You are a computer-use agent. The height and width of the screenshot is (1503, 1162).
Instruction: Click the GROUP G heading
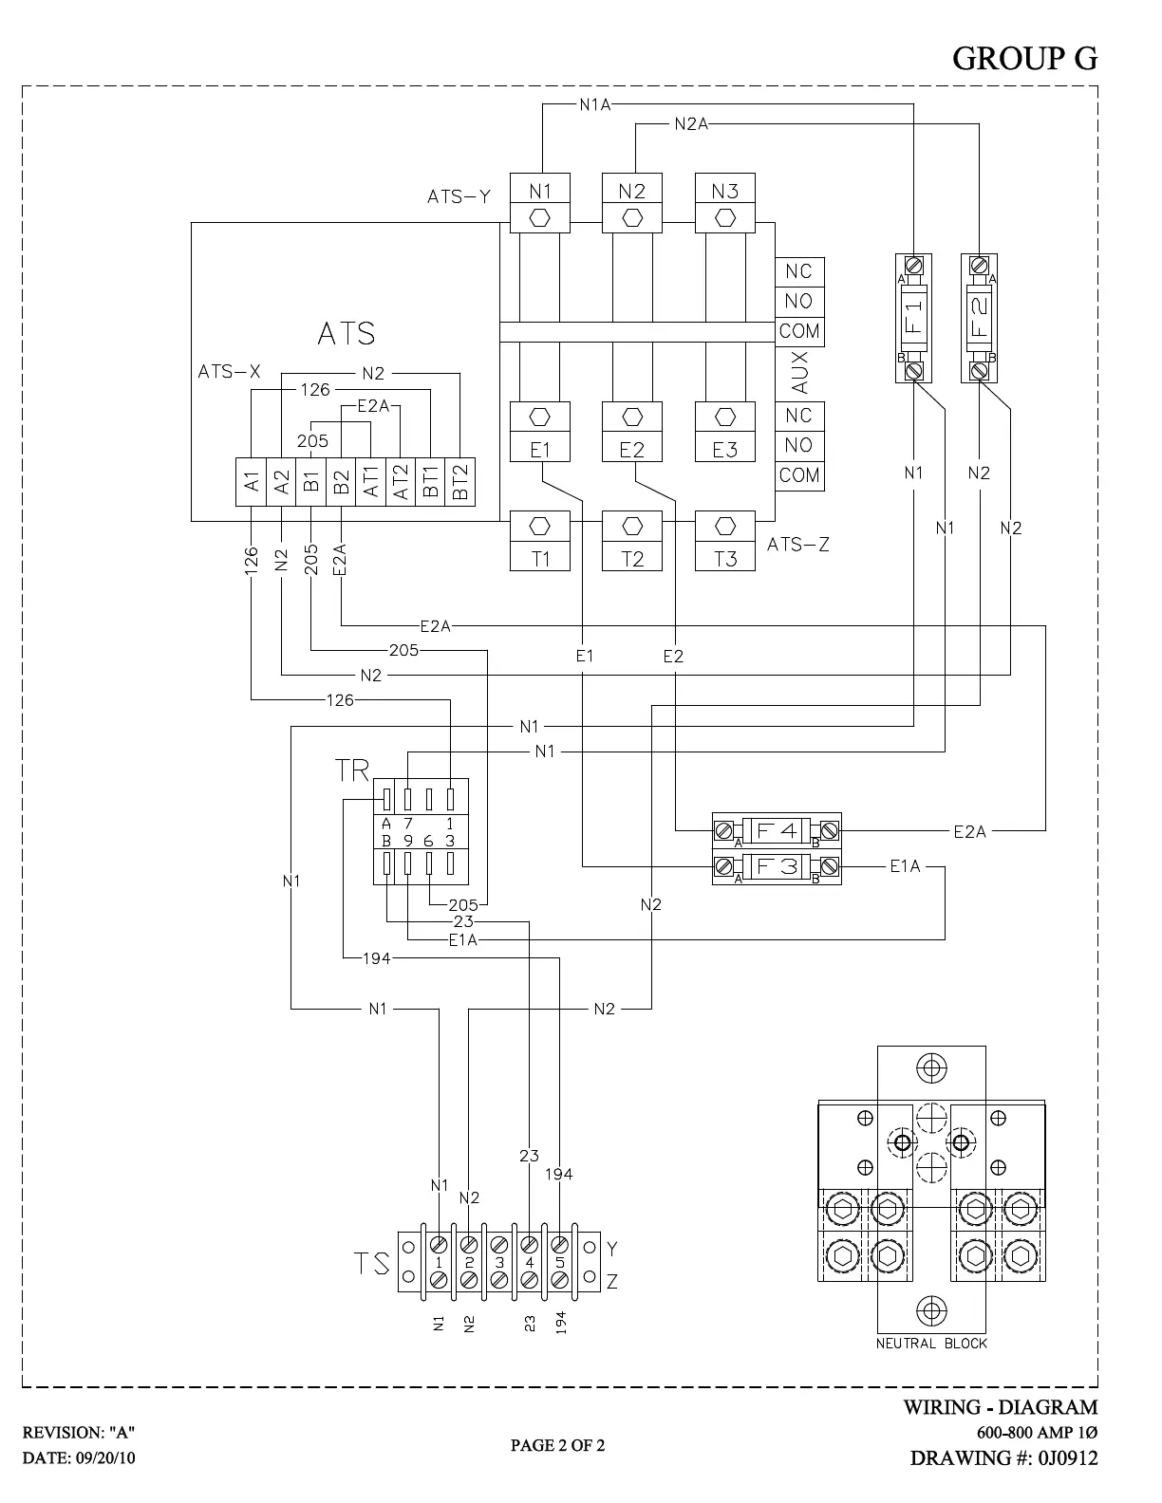tap(1024, 59)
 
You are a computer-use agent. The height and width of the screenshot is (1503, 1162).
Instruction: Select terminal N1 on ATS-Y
tap(539, 192)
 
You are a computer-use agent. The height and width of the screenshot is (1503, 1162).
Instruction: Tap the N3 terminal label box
tap(724, 192)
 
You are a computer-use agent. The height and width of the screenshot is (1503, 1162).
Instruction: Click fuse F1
tap(913, 317)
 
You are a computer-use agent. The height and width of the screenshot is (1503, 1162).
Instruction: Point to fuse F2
tap(979, 317)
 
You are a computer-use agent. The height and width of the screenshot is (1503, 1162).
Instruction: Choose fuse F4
tap(776, 831)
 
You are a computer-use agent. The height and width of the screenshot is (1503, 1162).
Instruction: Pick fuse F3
tap(776, 866)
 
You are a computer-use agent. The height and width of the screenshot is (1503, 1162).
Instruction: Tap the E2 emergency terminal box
tap(631, 450)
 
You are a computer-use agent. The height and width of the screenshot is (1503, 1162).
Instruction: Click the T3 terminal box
tap(724, 558)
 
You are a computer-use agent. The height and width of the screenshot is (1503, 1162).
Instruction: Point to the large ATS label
tap(347, 334)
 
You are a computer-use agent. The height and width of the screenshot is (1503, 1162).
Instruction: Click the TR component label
tap(352, 770)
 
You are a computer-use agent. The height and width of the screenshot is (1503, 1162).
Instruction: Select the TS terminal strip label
tap(372, 1264)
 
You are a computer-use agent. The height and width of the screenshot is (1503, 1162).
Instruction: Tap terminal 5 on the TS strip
tap(560, 1262)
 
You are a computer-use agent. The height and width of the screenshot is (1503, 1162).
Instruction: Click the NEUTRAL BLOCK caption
tap(931, 1344)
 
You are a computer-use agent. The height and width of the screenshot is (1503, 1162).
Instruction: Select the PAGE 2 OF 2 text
tap(557, 1445)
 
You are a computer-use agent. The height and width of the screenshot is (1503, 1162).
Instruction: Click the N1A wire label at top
tap(595, 104)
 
